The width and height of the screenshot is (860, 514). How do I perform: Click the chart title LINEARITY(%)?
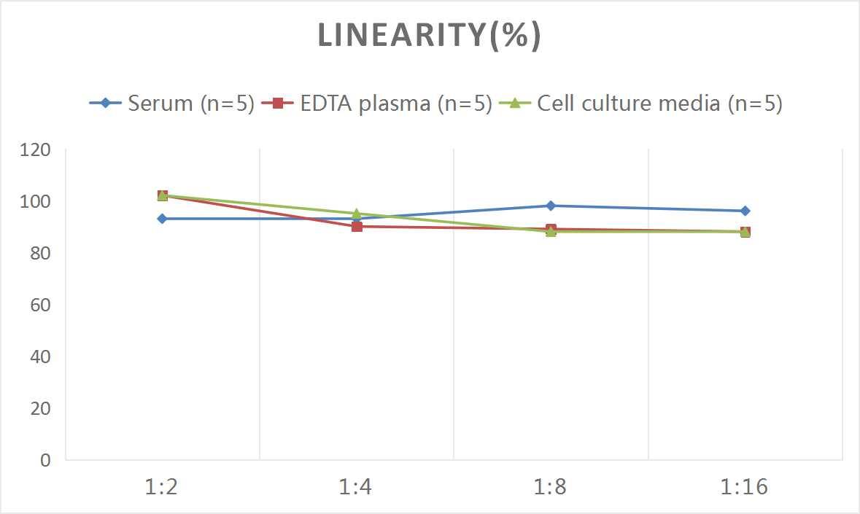429,36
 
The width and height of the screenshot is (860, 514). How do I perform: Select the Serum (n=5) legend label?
190,104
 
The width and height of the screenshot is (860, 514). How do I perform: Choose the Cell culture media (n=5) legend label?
659,104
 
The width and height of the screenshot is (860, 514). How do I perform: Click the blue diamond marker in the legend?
106,104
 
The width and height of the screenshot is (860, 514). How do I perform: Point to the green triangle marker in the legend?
514,104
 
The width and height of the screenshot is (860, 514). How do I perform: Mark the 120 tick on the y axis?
36,149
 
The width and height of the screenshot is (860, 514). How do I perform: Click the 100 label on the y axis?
36,201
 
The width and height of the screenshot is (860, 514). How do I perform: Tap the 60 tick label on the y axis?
40,305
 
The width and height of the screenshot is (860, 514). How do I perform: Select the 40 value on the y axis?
40,357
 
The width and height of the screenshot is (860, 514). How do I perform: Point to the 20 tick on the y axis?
40,408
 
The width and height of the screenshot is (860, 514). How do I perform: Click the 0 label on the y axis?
45,460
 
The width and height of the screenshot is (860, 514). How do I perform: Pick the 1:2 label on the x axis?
162,486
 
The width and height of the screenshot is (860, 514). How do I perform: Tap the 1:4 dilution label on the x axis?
356,486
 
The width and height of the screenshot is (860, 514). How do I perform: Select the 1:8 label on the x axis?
551,486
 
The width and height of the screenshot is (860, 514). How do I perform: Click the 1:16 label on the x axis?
745,486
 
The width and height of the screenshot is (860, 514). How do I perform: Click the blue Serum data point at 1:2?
162,219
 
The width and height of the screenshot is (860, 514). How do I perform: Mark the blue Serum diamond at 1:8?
551,206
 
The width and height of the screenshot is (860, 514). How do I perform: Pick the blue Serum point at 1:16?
745,211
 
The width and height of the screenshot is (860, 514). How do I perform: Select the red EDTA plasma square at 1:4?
357,226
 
